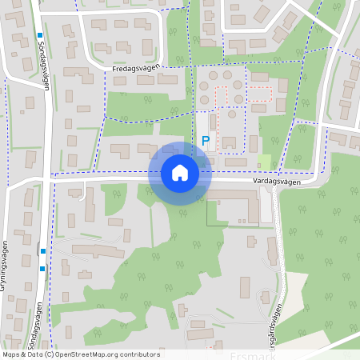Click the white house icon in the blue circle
click(179, 172)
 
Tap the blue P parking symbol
click(206, 141)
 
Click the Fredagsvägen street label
click(135, 70)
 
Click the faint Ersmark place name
click(252, 354)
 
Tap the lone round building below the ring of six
click(231, 114)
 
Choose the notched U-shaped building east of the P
click(230, 143)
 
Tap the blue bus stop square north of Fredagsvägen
click(38, 35)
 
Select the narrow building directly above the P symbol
click(213, 123)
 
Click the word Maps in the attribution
click(11, 354)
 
